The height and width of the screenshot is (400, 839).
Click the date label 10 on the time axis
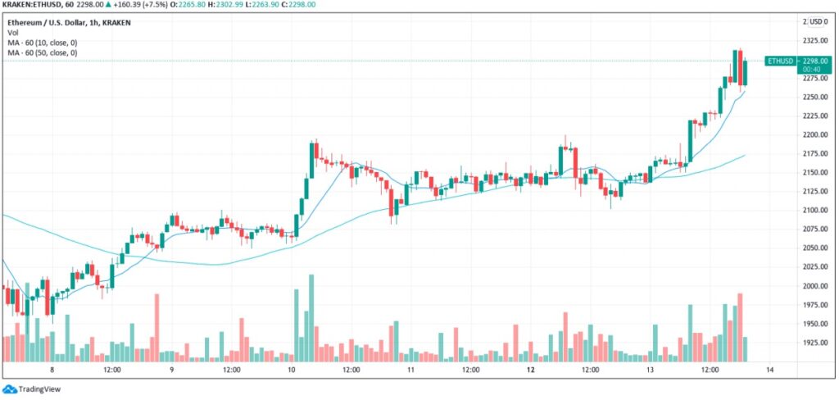(292, 370)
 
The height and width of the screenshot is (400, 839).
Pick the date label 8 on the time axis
(52, 370)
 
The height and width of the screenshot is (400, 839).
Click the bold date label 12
(531, 370)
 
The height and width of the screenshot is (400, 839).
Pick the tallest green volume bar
(311, 318)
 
